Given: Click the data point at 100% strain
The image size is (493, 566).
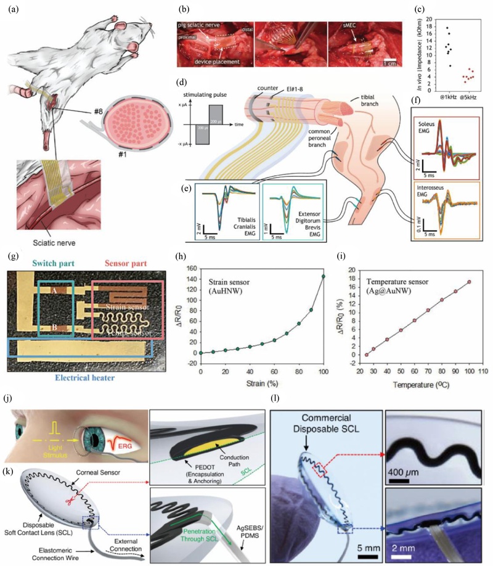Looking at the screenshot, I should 324,276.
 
